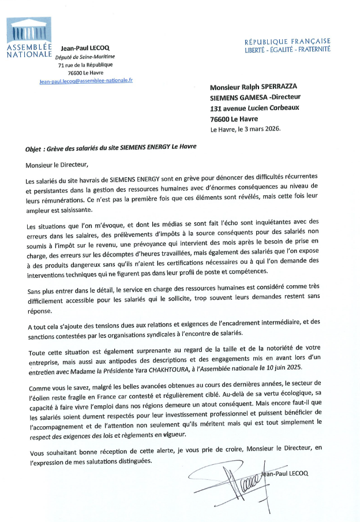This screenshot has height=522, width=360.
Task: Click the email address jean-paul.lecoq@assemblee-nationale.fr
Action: (86, 81)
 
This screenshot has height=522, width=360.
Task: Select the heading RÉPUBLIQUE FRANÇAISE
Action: (287, 42)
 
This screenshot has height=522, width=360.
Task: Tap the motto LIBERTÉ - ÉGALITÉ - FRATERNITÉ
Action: (287, 50)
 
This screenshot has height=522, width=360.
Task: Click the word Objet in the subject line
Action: (35, 147)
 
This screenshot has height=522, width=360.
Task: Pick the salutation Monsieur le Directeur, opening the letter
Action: (58, 165)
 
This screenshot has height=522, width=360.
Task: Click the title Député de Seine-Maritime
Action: (85, 57)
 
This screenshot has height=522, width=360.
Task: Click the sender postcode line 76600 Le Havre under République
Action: (86, 73)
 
